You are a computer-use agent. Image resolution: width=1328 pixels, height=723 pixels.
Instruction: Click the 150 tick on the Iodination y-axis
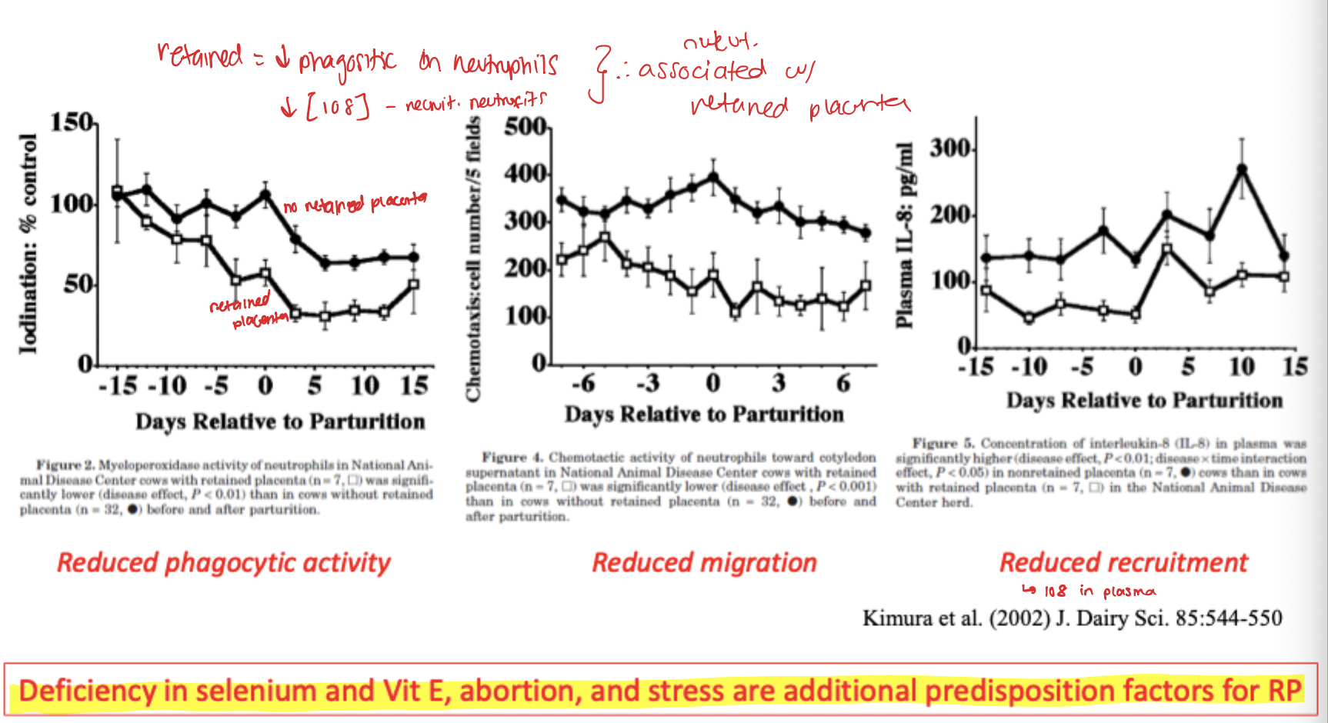[x=72, y=123]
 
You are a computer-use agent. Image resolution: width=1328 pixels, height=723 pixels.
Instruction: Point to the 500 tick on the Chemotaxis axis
[x=525, y=128]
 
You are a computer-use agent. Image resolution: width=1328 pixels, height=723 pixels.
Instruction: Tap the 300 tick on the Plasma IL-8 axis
[x=949, y=148]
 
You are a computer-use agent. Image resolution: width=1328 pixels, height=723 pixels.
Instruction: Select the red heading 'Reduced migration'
[x=704, y=562]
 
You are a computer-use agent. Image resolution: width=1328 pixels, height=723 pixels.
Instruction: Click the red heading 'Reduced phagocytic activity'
[x=224, y=562]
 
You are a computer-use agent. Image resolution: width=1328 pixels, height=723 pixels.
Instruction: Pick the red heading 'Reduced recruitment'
[x=1123, y=562]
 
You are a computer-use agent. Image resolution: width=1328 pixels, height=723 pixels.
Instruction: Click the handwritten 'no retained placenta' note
[x=355, y=203]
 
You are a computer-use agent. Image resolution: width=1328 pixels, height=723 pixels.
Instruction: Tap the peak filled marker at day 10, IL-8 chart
[x=1241, y=168]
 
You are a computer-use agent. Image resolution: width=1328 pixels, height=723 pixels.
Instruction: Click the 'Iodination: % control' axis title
[x=28, y=244]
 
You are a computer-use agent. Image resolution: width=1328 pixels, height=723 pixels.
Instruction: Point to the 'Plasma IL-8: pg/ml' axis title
[x=905, y=235]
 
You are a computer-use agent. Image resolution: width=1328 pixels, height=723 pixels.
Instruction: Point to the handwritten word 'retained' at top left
[x=200, y=55]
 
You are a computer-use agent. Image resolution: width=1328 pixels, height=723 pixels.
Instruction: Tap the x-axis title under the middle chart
[x=704, y=415]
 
